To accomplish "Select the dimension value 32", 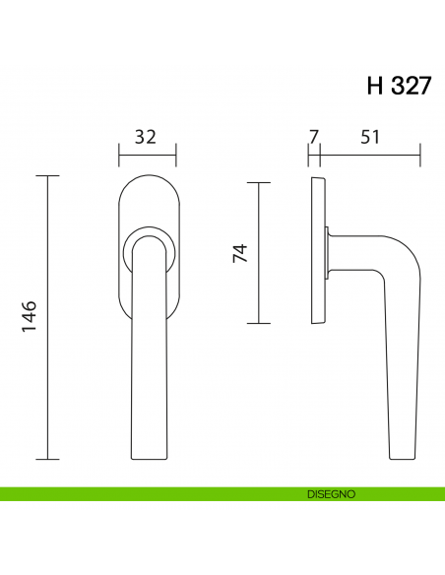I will click(x=146, y=137).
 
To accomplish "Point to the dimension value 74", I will click(x=239, y=253).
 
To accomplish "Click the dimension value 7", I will click(x=313, y=137).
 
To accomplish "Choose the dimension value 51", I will click(x=369, y=137).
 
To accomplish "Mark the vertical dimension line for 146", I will click(x=47, y=318).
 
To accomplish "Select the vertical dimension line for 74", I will click(x=258, y=253).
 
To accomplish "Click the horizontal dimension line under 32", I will click(x=148, y=154).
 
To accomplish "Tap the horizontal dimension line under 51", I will click(x=370, y=154).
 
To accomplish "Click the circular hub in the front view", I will click(x=148, y=250).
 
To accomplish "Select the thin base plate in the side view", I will click(x=316, y=252).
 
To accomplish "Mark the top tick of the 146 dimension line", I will click(x=47, y=176).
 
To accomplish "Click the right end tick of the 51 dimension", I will click(x=420, y=154).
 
